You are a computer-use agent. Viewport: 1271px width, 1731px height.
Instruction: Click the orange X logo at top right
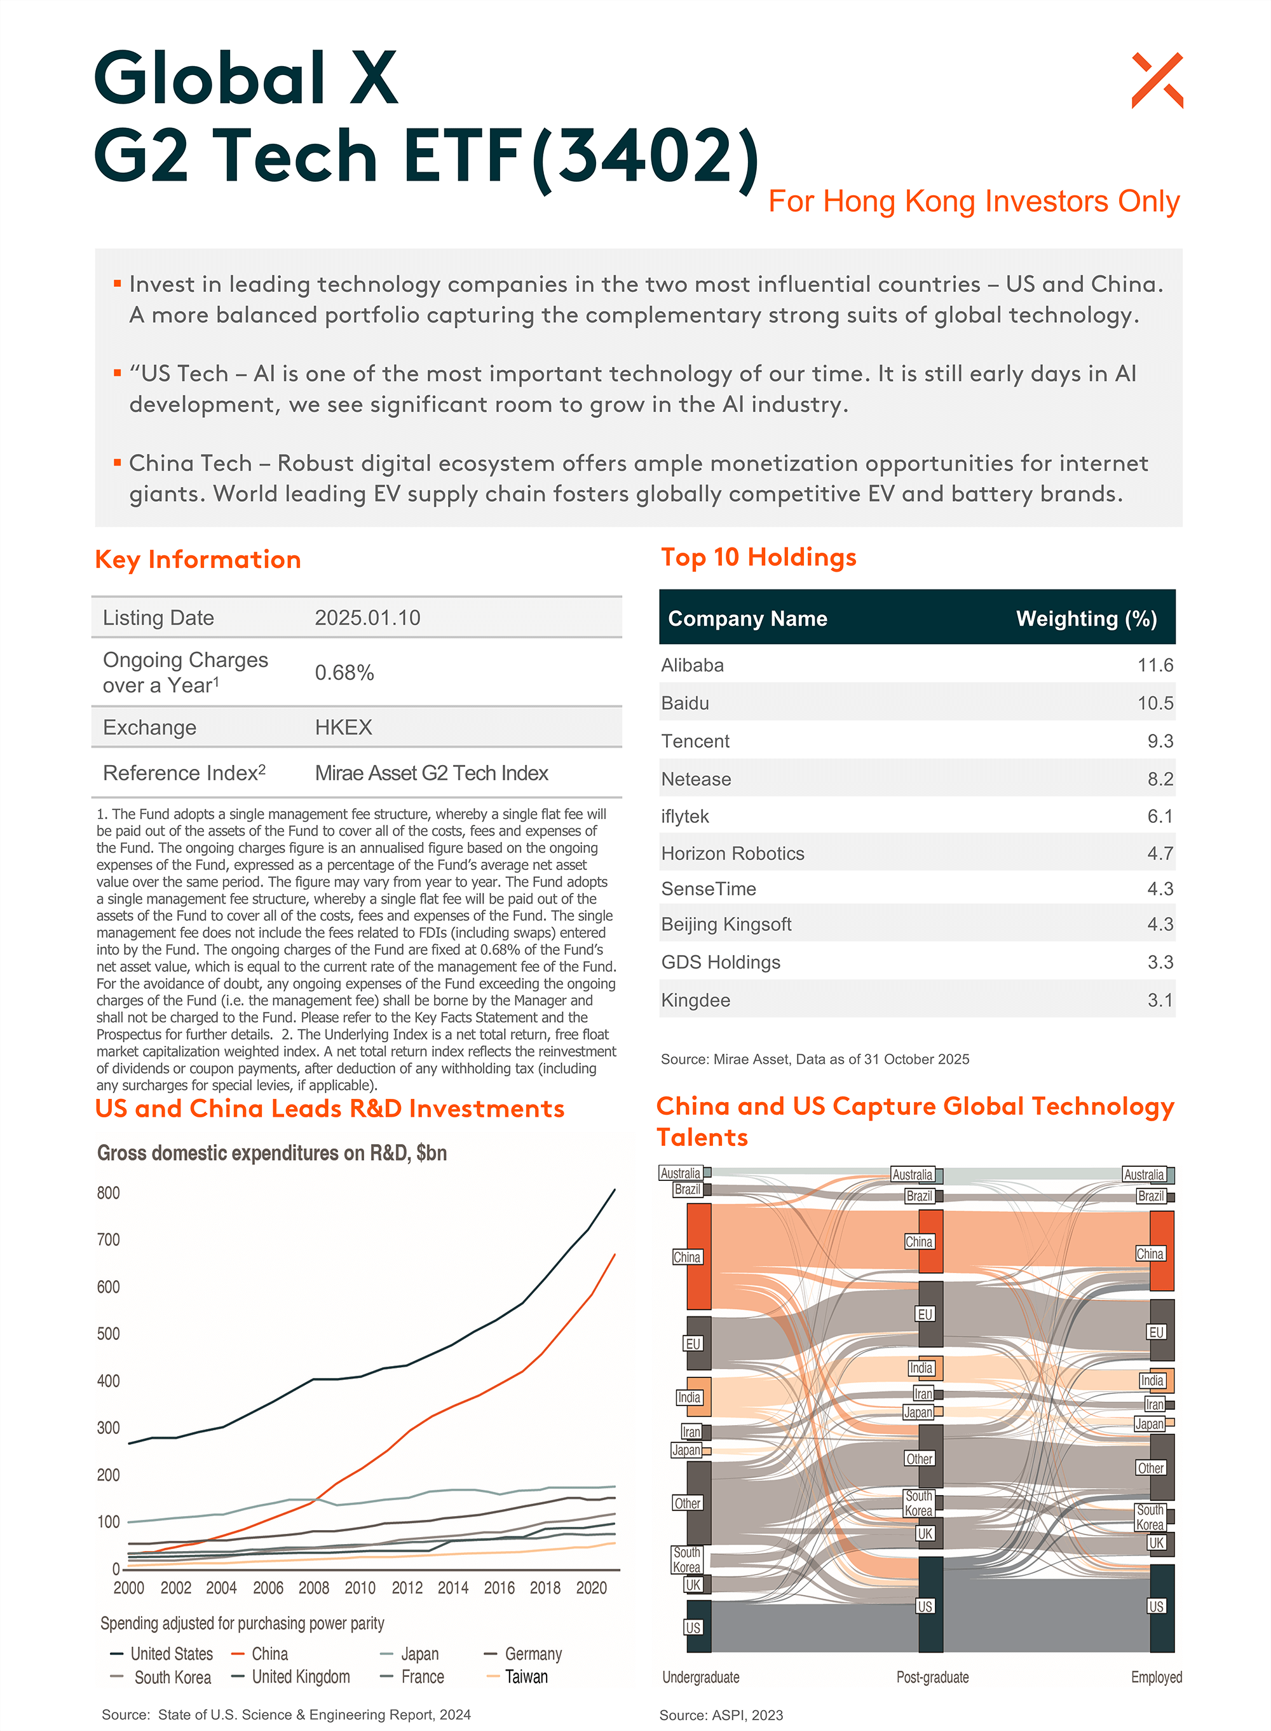click(x=1157, y=80)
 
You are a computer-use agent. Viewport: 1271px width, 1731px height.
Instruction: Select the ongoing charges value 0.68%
click(x=344, y=673)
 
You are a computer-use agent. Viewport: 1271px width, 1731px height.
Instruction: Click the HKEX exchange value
click(x=343, y=728)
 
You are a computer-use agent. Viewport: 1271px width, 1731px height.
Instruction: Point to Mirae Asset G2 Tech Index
click(x=431, y=773)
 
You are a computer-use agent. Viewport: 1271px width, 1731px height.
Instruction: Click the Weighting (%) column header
click(x=1085, y=619)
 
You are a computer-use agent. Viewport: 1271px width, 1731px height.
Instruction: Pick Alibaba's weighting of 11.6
click(x=1155, y=665)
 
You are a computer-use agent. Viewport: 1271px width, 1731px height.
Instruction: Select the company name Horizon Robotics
click(x=733, y=853)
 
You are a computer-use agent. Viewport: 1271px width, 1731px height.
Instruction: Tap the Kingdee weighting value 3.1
click(x=1159, y=1000)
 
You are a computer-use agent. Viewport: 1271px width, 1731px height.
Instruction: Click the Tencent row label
click(x=695, y=741)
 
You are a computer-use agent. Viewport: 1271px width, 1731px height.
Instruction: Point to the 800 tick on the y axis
click(x=109, y=1193)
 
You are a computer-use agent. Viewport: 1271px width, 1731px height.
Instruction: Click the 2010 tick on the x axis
click(x=360, y=1588)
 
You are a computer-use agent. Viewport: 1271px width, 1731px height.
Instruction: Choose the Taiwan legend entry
click(x=526, y=1676)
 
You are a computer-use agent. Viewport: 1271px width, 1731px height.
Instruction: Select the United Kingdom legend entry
click(x=301, y=1676)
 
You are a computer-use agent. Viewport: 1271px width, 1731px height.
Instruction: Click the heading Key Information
click(x=198, y=560)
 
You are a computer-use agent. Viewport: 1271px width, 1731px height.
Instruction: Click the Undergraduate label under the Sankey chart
click(x=700, y=1677)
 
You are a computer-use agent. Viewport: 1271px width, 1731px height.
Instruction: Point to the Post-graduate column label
click(x=932, y=1677)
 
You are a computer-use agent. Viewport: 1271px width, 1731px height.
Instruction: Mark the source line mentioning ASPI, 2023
click(x=721, y=1715)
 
